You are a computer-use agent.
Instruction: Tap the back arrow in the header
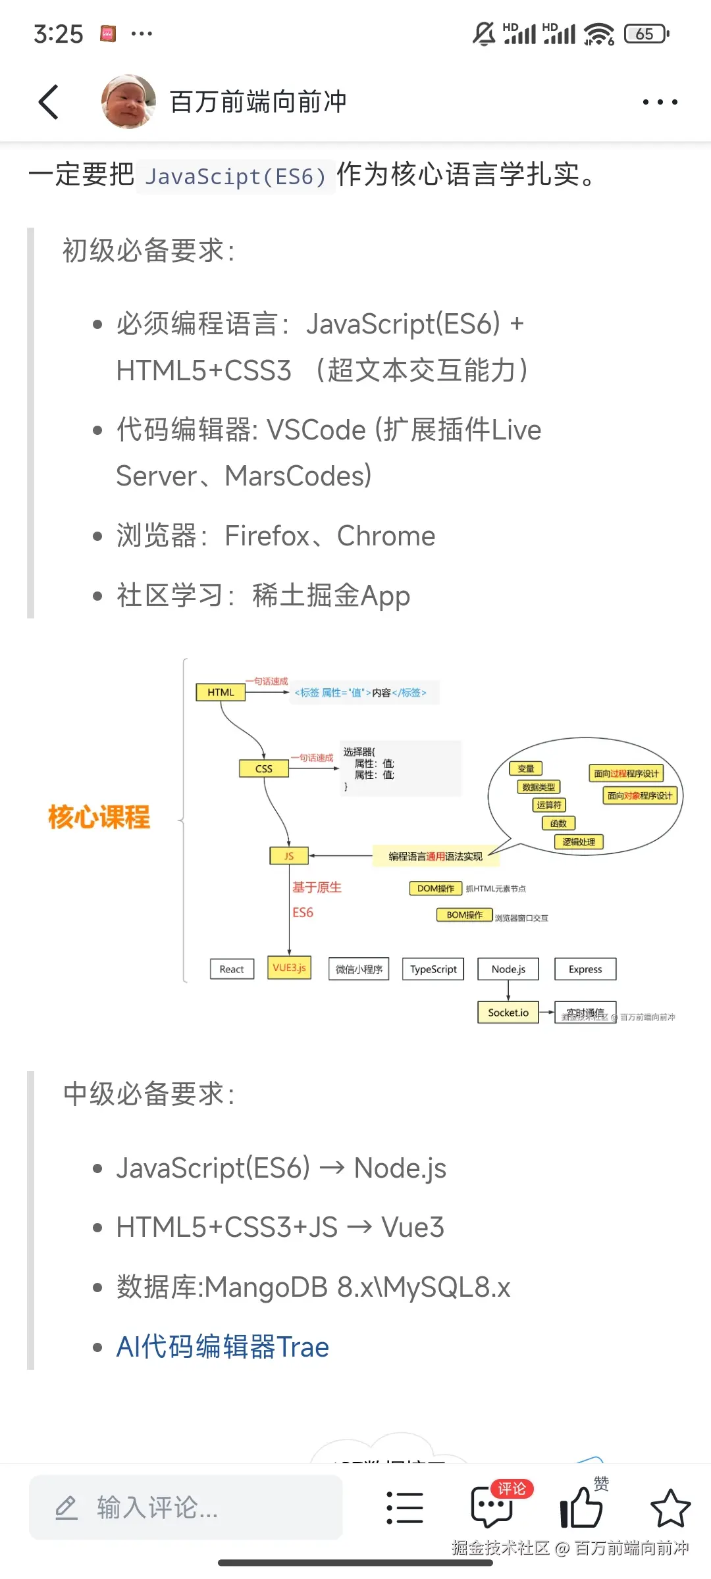coord(49,102)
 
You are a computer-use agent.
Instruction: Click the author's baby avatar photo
coord(128,101)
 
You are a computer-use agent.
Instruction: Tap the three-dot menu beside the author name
coord(660,102)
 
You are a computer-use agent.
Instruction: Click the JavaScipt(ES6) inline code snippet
coord(236,176)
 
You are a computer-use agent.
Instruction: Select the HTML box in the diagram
coord(221,692)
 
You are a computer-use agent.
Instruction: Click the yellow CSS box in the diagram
coord(263,768)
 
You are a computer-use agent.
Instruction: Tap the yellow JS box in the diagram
coord(289,855)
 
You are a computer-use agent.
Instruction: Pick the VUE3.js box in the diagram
coord(289,968)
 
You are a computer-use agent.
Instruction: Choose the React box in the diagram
coord(232,969)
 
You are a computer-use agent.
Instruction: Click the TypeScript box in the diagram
coord(433,969)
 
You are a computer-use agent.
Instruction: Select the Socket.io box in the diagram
coord(508,1013)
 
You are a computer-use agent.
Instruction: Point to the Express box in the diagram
coord(585,969)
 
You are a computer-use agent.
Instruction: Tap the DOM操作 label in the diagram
coord(435,888)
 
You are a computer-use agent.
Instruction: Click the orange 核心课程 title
coord(99,817)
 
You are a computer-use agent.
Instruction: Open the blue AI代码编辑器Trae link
coord(223,1347)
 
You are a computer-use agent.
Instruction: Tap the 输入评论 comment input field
coord(186,1507)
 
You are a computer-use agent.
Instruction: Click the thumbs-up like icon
coord(581,1507)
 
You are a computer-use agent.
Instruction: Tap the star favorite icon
coord(670,1507)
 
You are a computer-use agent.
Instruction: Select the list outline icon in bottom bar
coord(404,1507)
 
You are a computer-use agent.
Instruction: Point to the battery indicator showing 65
coord(646,34)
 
